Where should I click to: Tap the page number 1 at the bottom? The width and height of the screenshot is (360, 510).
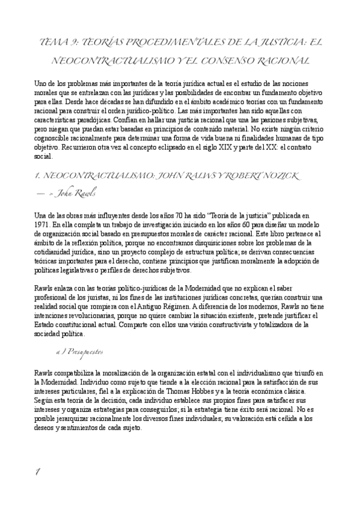37,472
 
